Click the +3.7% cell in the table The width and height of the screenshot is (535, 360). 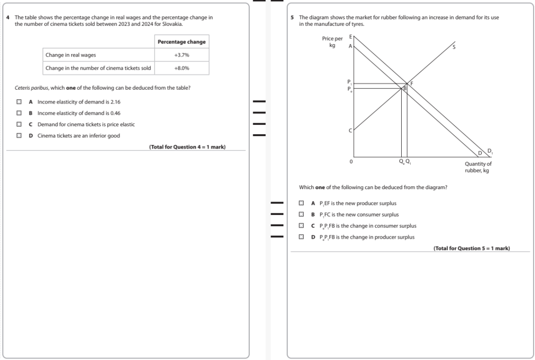click(182, 55)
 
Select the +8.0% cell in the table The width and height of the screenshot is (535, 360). click(182, 68)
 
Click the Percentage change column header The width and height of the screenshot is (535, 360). click(182, 42)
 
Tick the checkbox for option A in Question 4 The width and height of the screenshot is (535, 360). click(19, 102)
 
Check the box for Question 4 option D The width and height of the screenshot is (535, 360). click(19, 136)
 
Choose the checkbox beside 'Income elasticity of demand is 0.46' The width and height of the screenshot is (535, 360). click(19, 113)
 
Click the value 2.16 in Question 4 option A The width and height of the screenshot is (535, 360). click(115, 102)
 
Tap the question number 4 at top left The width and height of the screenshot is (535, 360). click(8, 18)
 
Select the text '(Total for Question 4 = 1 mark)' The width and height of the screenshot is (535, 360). click(187, 147)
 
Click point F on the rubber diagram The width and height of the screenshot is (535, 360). click(411, 83)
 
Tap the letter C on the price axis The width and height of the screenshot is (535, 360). click(350, 131)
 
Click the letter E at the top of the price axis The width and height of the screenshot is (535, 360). click(350, 37)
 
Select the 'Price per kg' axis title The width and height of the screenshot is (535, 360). click(332, 42)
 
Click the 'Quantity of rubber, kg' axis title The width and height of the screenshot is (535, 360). click(478, 167)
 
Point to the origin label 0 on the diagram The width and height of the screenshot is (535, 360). click(351, 161)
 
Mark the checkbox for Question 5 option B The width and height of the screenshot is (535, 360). click(301, 215)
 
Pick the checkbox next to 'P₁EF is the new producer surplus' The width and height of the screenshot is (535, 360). click(301, 204)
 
